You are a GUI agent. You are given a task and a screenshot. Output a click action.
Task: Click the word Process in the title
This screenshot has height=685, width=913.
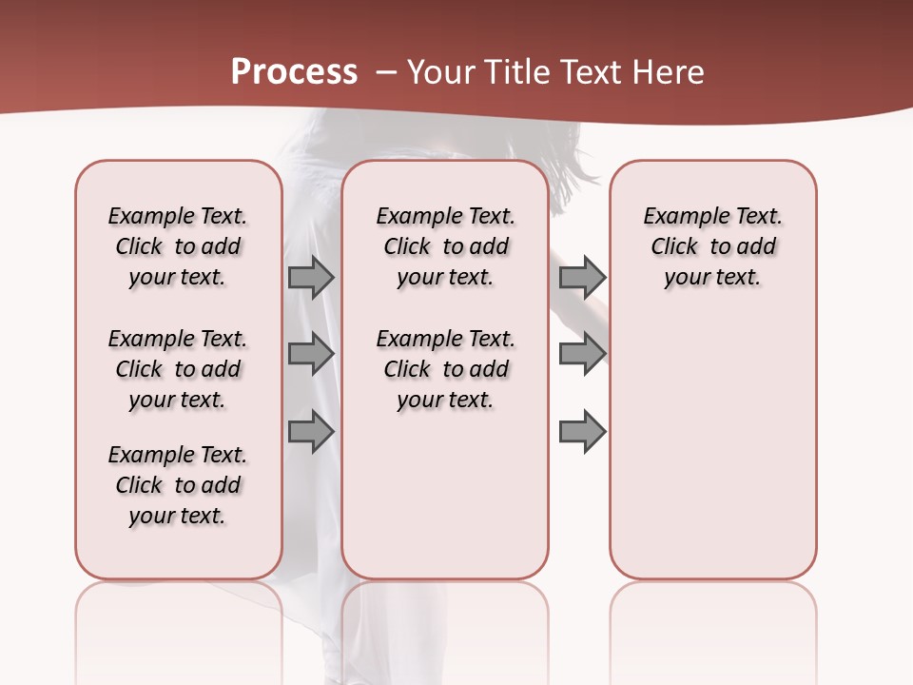294,71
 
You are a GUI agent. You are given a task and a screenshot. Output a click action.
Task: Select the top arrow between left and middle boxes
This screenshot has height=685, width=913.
310,277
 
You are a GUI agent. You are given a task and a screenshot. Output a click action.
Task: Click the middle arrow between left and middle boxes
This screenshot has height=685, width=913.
310,354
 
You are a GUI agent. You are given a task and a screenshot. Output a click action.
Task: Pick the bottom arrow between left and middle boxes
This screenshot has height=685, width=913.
310,432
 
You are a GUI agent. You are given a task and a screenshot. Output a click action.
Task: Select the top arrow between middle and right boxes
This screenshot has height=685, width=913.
582,277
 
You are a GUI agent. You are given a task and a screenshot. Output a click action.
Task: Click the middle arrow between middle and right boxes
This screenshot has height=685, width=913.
582,354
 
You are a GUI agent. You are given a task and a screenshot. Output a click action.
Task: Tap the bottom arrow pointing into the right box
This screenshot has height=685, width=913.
582,432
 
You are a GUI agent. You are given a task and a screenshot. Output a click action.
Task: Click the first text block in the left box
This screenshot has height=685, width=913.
178,246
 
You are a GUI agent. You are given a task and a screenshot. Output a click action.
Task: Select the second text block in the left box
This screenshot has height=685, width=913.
178,369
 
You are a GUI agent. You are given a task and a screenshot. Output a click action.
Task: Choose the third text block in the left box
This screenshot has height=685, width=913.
178,485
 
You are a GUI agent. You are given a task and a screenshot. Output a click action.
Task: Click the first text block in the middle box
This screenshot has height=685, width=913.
445,246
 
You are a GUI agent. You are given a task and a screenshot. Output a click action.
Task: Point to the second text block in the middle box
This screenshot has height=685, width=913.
445,369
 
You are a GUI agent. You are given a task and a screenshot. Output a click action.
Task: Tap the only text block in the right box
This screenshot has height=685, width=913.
712,246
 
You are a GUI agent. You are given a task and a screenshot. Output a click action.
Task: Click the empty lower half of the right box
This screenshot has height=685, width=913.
712,457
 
